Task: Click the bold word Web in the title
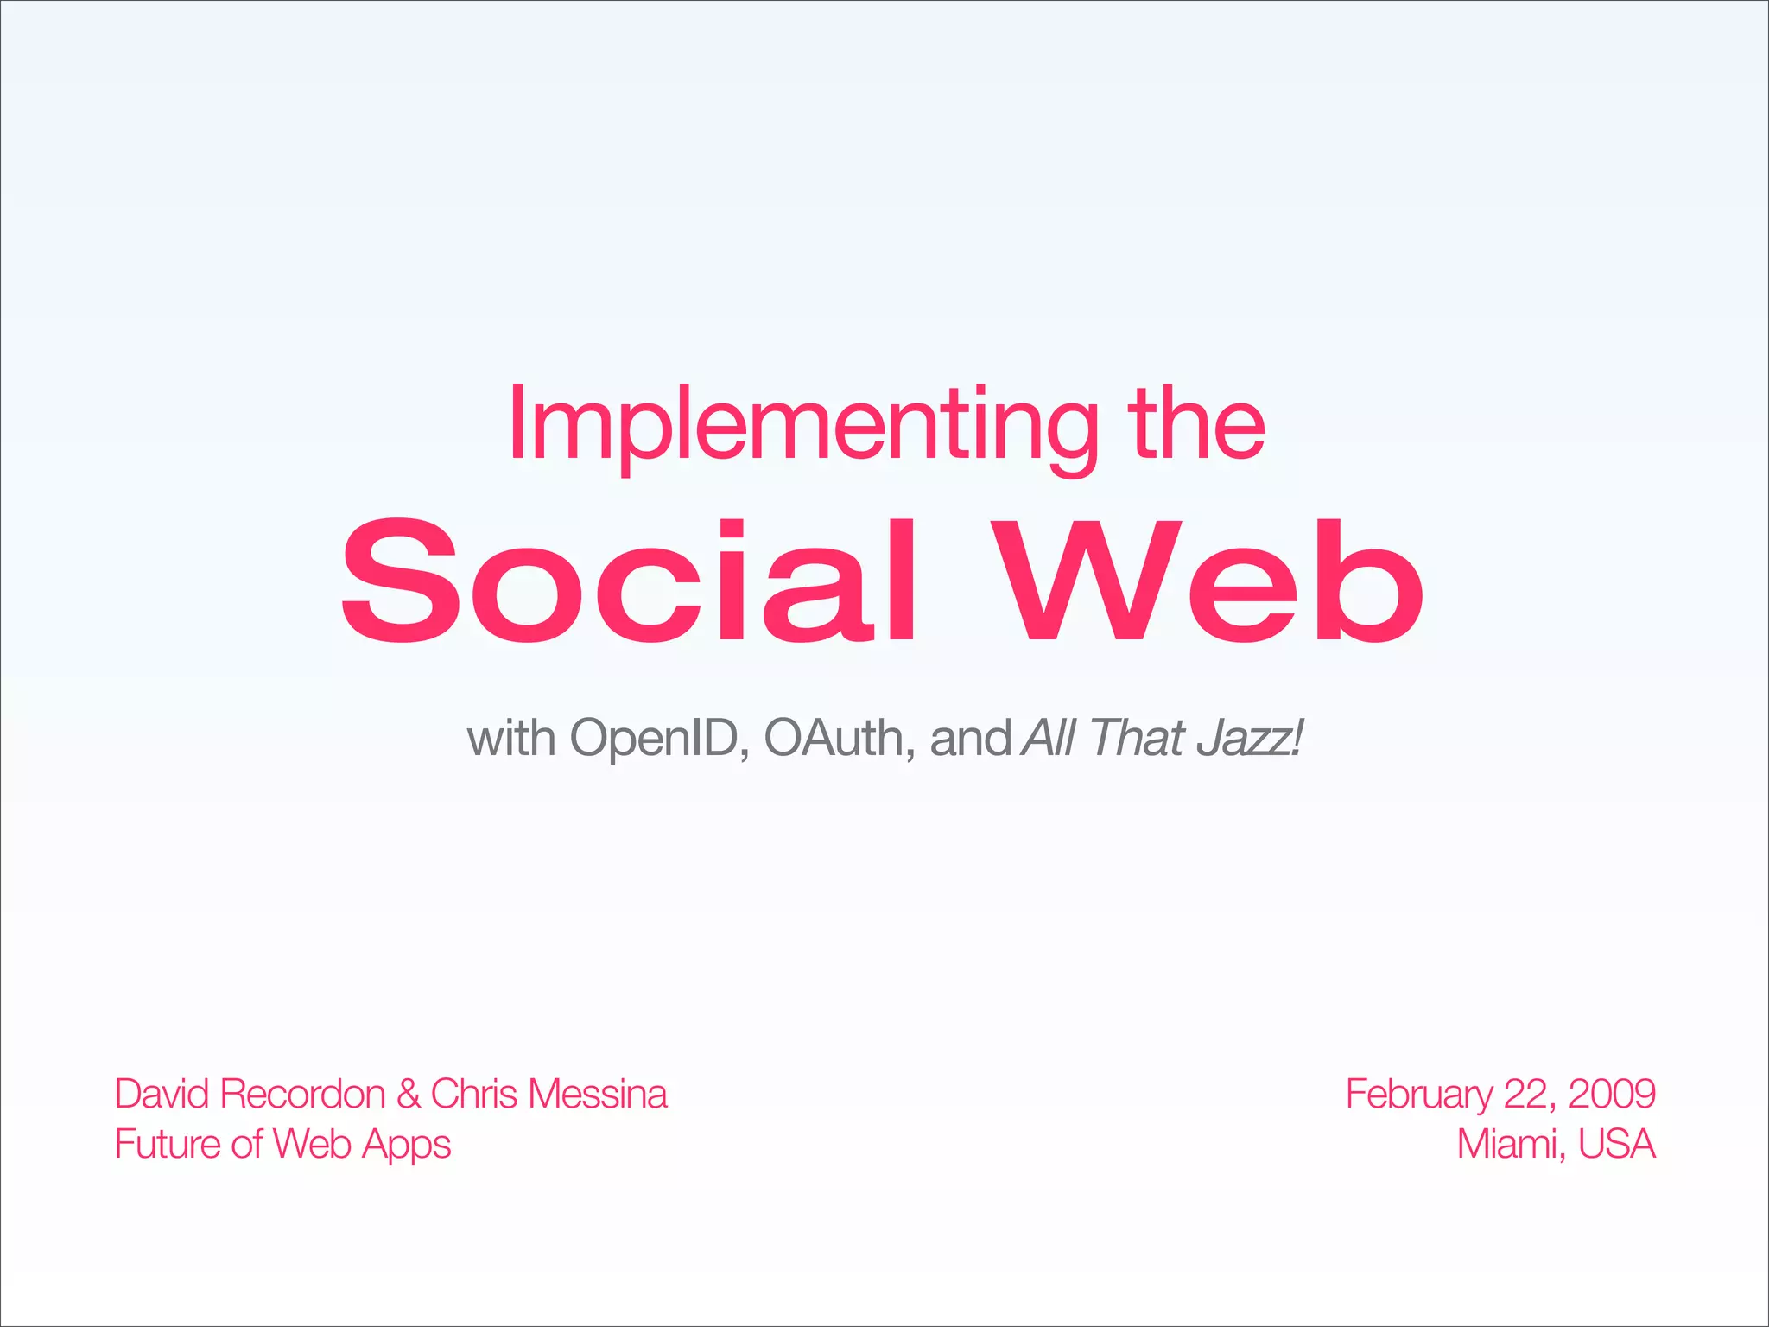coord(1206,581)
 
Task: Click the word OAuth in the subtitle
coord(834,740)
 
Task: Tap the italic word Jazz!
coord(1249,740)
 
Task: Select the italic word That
coord(1135,740)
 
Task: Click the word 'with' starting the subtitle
coord(510,740)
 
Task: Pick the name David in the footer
coord(162,1095)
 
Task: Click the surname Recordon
coord(302,1095)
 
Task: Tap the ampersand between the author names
coord(408,1095)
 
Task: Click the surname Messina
coord(598,1095)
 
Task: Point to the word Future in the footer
coord(168,1145)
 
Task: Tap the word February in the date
coord(1417,1095)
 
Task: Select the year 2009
coord(1612,1095)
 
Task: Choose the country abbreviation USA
coord(1616,1145)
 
